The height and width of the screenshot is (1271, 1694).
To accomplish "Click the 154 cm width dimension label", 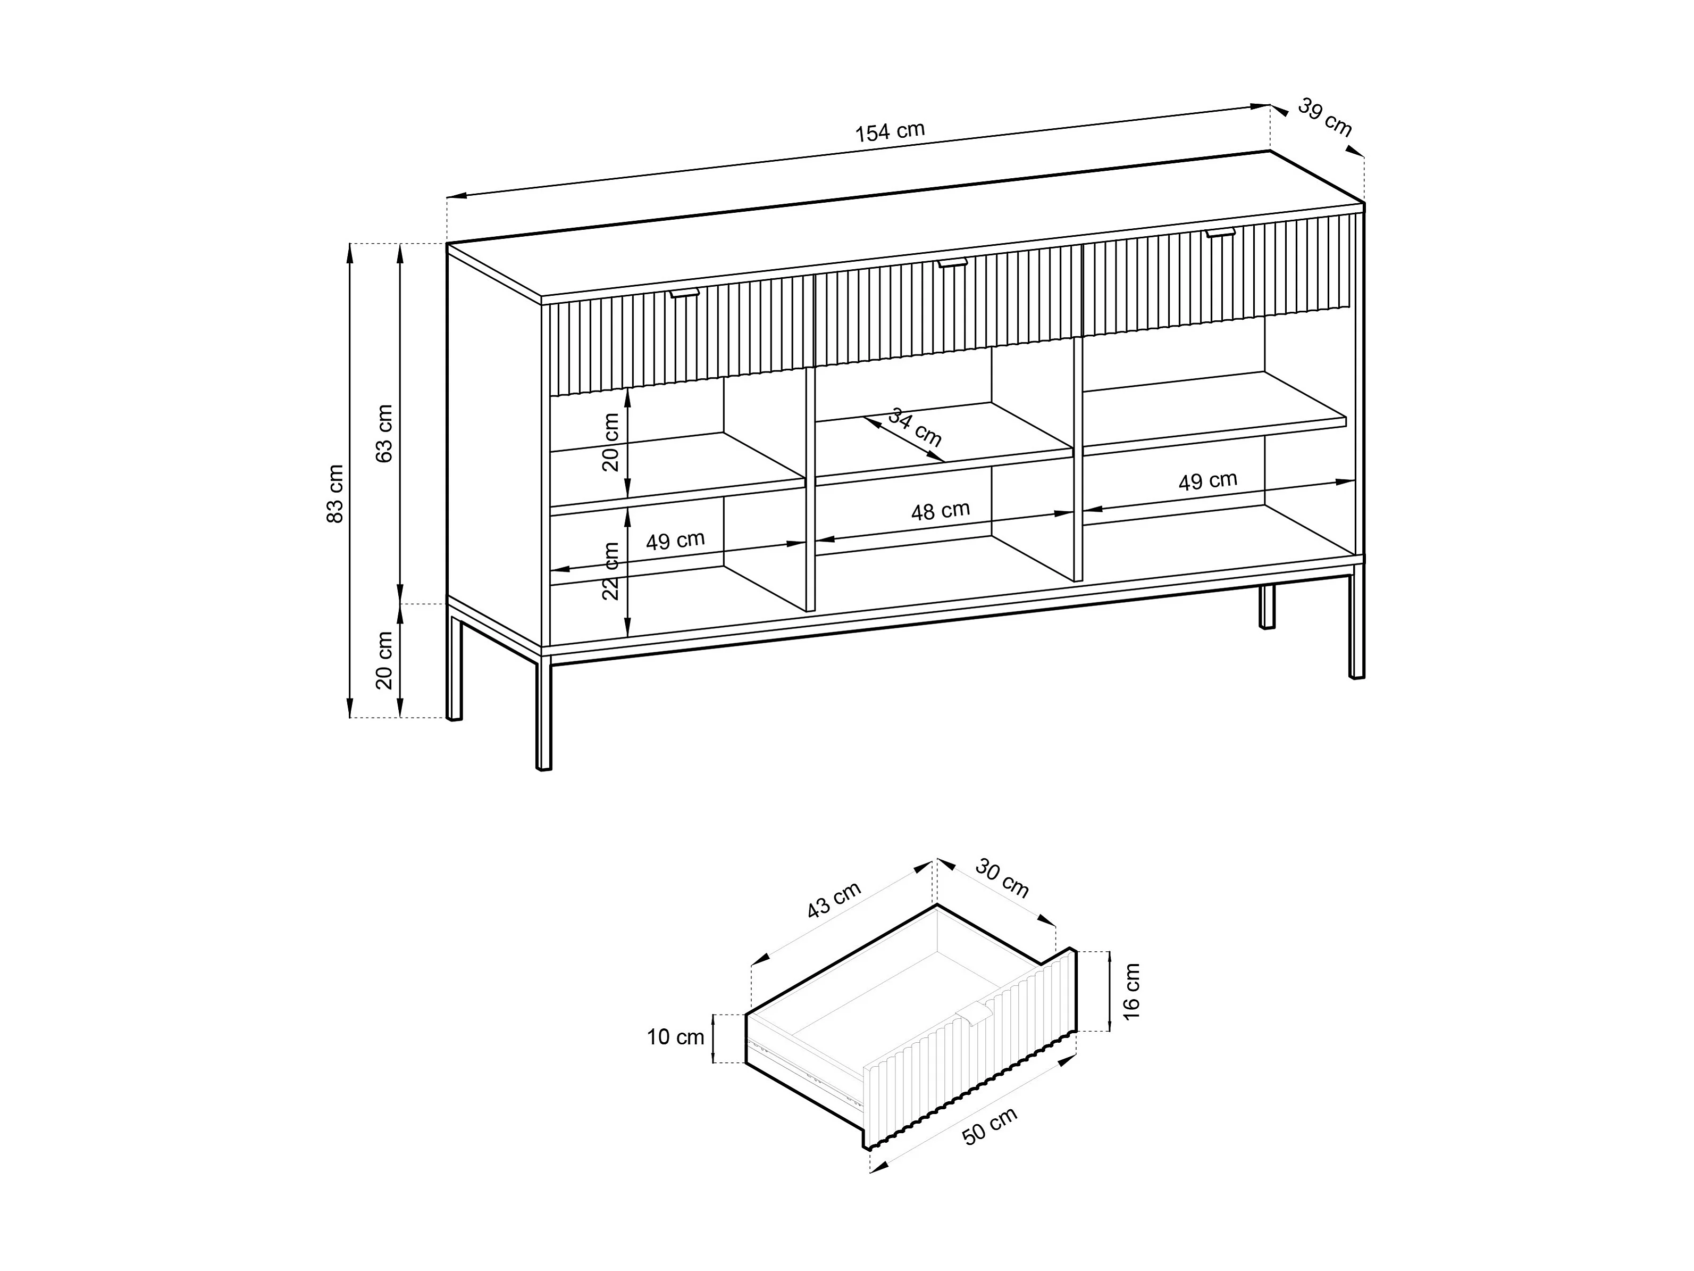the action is click(x=890, y=132).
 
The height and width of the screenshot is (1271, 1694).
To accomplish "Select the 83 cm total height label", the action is click(x=336, y=494).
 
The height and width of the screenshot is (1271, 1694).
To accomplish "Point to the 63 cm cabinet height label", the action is click(x=384, y=434).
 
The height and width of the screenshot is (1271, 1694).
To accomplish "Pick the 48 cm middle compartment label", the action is click(x=941, y=511).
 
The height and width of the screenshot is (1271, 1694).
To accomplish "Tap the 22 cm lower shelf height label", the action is click(x=610, y=571).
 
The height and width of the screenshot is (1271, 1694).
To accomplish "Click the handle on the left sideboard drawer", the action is click(x=685, y=293).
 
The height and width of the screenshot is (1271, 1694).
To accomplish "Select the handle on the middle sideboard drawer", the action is click(x=953, y=263).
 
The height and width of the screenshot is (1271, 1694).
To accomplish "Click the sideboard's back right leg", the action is click(x=1267, y=607).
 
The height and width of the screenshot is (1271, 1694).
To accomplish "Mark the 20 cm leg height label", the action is click(x=384, y=660).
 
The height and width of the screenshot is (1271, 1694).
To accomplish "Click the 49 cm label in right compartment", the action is click(x=1207, y=481).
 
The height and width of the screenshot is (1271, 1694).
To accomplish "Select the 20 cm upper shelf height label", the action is click(x=610, y=442).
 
